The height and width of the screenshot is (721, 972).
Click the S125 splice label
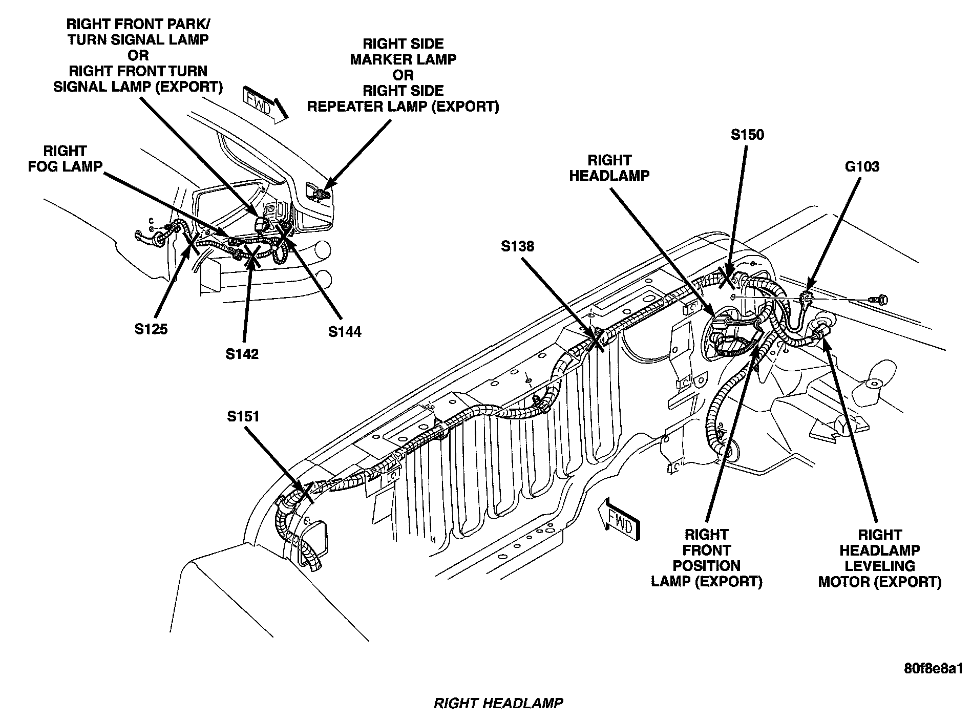(x=151, y=329)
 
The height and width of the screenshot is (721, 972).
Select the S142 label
(x=242, y=354)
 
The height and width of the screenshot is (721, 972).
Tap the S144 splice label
(x=345, y=332)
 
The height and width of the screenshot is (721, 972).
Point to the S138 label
(x=517, y=246)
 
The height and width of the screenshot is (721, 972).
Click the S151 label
(x=243, y=416)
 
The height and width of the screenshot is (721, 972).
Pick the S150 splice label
(x=747, y=135)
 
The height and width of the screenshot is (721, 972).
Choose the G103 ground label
(x=862, y=166)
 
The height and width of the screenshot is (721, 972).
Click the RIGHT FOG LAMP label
(x=65, y=159)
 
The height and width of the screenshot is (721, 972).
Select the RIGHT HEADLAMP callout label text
(x=609, y=167)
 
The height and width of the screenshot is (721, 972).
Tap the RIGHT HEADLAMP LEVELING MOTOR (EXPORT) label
(x=880, y=558)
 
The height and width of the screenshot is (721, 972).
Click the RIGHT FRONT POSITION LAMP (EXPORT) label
(x=707, y=558)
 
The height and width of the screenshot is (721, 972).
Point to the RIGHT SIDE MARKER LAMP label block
(x=403, y=75)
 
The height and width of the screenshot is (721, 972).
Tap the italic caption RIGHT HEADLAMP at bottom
(x=498, y=703)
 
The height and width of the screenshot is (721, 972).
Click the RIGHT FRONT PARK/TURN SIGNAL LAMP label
(x=138, y=55)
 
